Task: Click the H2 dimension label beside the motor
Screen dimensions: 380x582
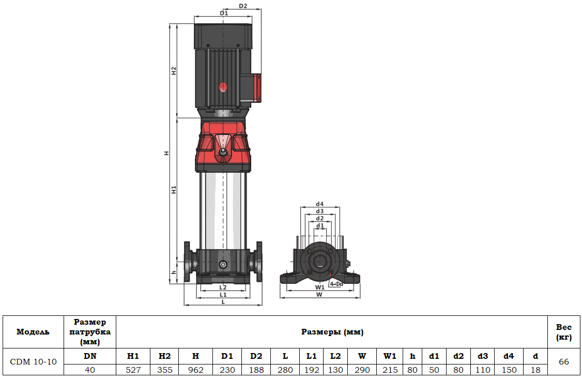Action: [174, 71]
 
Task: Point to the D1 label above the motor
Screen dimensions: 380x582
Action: [223, 12]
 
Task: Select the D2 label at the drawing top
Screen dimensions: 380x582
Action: [243, 6]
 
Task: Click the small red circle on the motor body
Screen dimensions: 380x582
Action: [223, 87]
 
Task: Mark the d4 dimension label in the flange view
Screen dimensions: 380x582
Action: [319, 204]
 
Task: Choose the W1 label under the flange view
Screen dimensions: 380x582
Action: [319, 287]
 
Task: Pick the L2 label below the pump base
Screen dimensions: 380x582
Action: [223, 287]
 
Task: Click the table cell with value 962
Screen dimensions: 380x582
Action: [195, 370]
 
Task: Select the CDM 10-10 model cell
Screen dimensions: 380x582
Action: [33, 362]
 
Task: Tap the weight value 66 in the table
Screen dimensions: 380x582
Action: [564, 362]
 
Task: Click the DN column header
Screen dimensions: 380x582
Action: [90, 356]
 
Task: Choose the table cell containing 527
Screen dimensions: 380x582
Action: [133, 370]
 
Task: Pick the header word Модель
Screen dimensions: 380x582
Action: [33, 332]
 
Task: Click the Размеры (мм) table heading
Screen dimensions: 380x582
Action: [332, 332]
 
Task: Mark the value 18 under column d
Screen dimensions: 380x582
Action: [535, 370]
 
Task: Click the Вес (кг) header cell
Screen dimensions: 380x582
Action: [564, 332]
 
